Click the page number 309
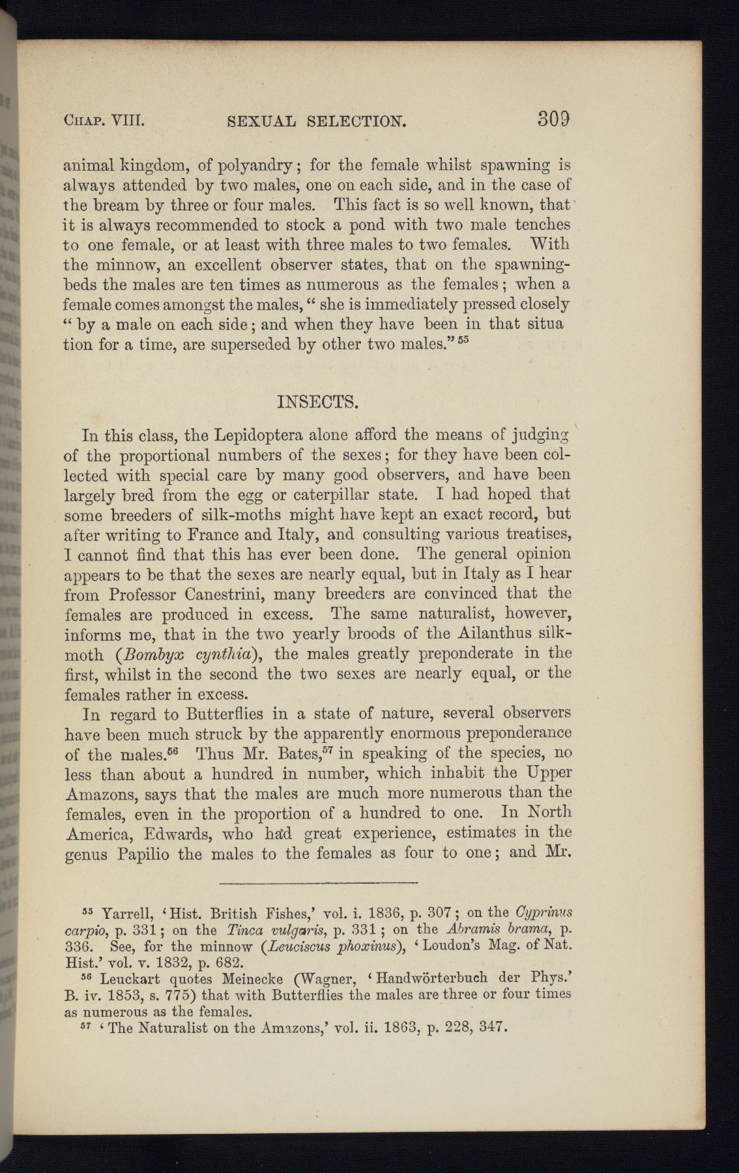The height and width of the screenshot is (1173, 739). [x=554, y=119]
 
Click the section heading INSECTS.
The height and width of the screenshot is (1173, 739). [x=317, y=401]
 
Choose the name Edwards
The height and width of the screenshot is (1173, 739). [x=179, y=833]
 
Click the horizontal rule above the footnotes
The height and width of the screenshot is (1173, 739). [x=319, y=883]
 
